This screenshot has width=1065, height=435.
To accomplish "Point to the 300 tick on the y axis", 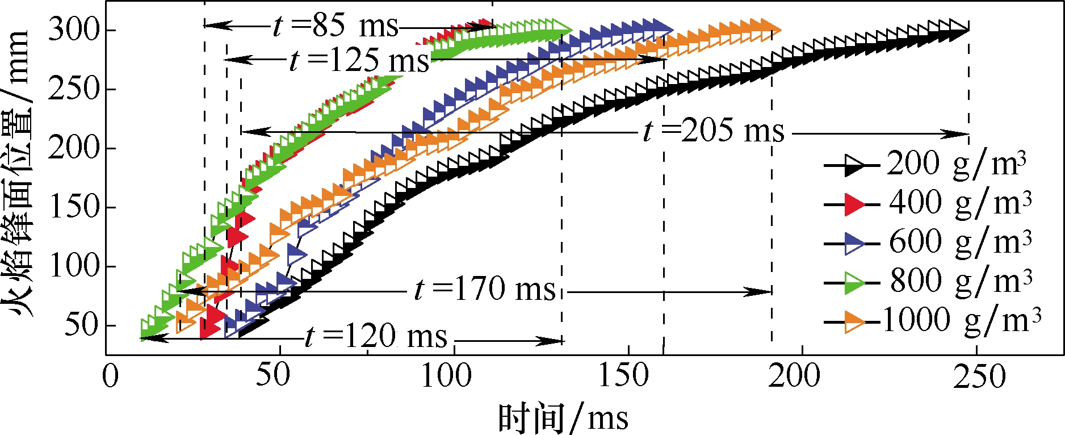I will coord(74,30).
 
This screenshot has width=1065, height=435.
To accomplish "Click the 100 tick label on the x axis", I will coord(446,376).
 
